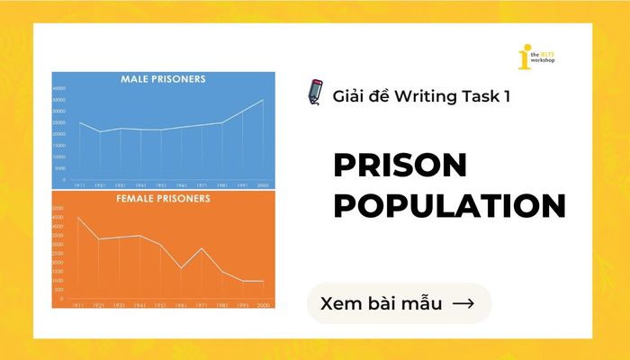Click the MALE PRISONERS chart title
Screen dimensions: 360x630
(x=163, y=79)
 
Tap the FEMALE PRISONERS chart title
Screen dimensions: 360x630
(x=163, y=197)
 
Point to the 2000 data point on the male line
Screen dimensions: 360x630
(x=263, y=100)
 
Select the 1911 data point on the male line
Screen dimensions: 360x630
(x=80, y=122)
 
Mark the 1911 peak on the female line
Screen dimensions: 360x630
(x=80, y=218)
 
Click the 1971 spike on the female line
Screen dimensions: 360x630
(x=202, y=248)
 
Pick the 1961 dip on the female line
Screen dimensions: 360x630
(x=182, y=268)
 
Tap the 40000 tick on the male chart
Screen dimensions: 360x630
(x=59, y=89)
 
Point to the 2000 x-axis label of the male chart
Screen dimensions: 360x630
(x=263, y=184)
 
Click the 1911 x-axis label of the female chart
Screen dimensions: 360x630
(x=80, y=307)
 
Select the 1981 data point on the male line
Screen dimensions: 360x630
(x=222, y=122)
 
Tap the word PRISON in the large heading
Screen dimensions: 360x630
(x=401, y=166)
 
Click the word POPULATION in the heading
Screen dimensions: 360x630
(x=449, y=205)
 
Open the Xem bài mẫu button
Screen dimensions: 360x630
(x=400, y=303)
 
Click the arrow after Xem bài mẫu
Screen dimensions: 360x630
(x=463, y=303)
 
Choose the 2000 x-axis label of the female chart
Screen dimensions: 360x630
(x=263, y=307)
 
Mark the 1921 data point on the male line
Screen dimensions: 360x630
(x=101, y=131)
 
